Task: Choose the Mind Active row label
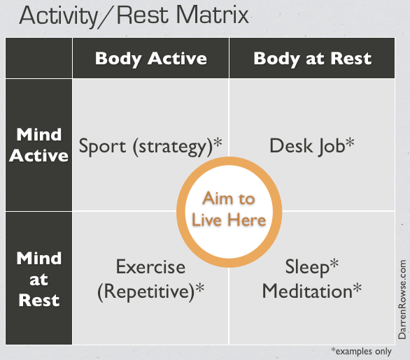click(38, 145)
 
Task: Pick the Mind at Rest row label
click(38, 279)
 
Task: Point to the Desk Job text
click(306, 145)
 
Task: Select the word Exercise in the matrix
click(150, 267)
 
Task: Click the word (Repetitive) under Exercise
click(146, 291)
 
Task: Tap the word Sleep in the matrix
click(306, 267)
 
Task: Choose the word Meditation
click(306, 291)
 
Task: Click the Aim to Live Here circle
click(229, 210)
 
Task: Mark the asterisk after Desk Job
click(350, 143)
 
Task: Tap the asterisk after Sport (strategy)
click(218, 143)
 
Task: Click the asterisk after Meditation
click(358, 287)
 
